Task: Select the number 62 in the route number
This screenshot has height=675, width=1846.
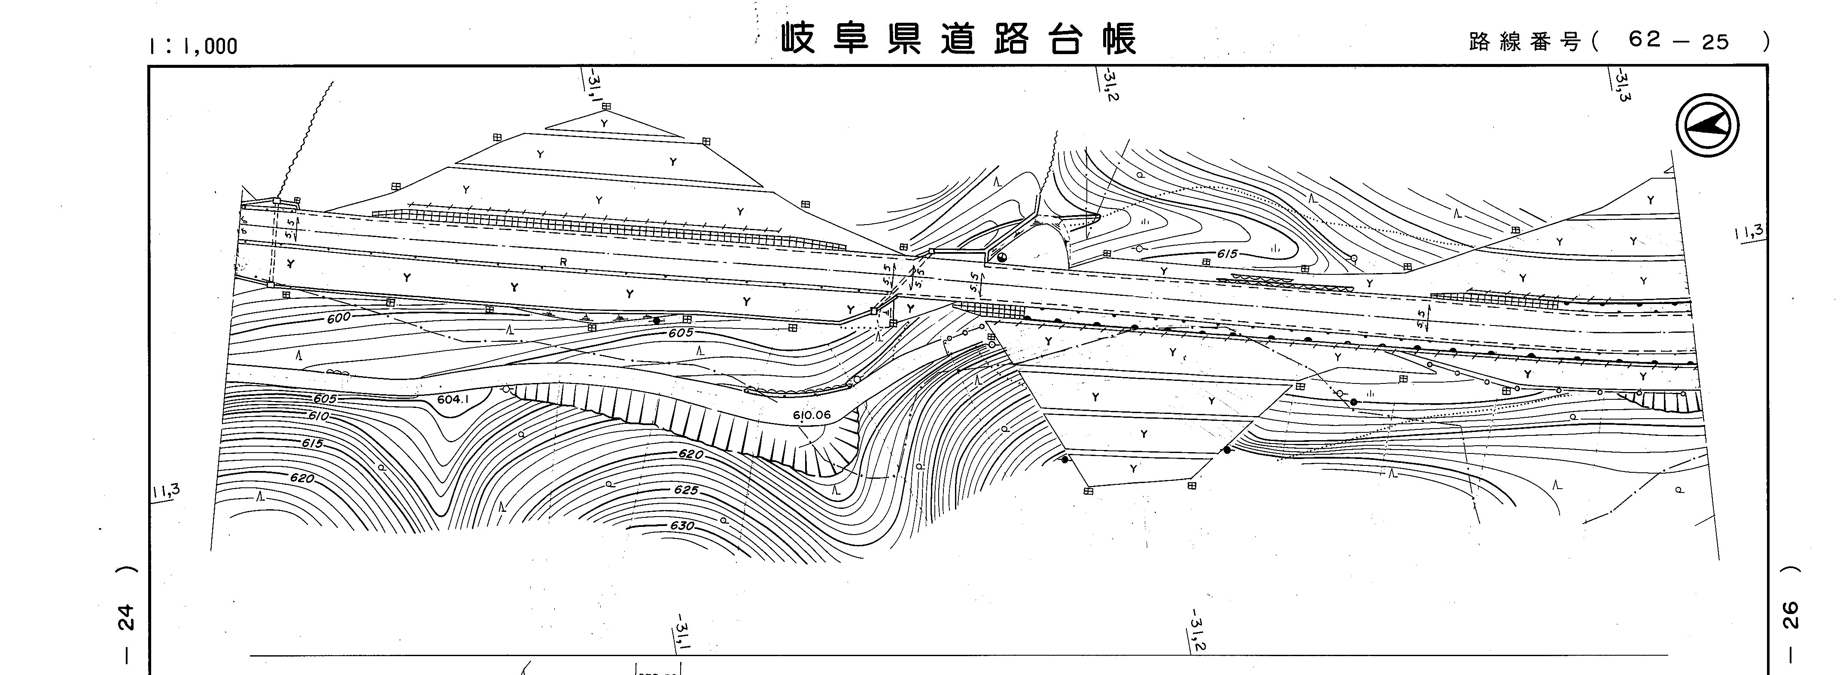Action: pyautogui.click(x=1645, y=40)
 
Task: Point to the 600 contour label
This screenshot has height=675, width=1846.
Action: pyautogui.click(x=339, y=317)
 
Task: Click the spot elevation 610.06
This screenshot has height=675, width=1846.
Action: pyautogui.click(x=812, y=415)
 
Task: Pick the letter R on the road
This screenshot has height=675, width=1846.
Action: pyautogui.click(x=563, y=262)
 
